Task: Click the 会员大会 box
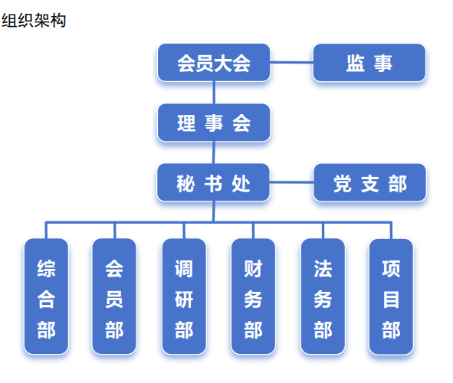214,63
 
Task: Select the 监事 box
369,63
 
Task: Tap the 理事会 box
214,123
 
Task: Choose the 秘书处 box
214,182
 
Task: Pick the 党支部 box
369,182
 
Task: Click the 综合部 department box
46,296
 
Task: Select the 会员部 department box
114,296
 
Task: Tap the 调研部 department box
184,296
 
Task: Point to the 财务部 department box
253,296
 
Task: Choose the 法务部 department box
323,296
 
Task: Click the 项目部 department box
391,296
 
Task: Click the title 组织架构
34,21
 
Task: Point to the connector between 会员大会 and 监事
292,62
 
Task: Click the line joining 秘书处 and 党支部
292,182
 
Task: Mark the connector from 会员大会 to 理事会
214,93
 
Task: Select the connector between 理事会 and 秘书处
214,152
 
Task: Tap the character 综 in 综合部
46,268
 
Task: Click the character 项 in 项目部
391,268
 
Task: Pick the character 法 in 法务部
323,268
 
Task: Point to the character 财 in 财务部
253,268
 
